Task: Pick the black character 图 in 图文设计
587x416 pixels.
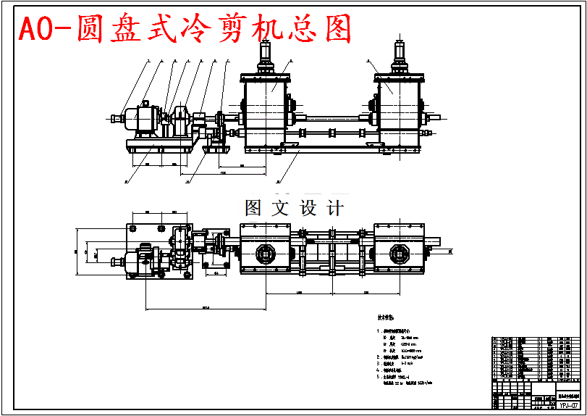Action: (254, 208)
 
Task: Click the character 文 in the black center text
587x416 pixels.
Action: (280, 208)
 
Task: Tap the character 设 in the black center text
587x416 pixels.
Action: (308, 208)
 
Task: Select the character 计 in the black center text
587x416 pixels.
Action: (334, 208)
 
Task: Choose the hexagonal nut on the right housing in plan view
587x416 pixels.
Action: (397, 254)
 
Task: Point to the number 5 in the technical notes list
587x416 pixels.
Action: (379, 377)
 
